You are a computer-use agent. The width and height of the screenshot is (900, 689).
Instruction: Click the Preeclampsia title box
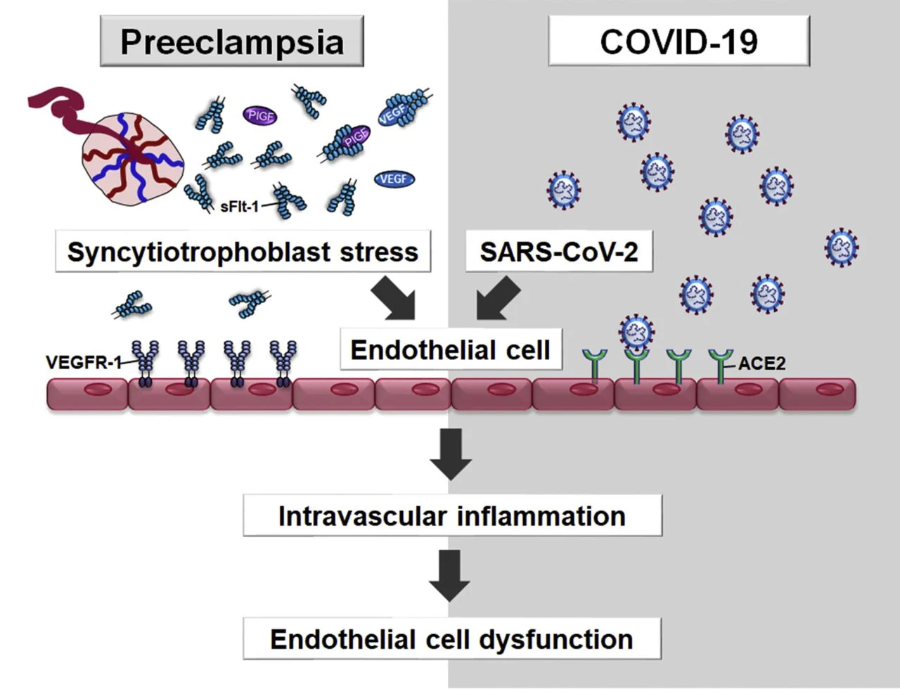[x=231, y=41]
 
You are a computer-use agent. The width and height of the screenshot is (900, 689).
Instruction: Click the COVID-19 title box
[x=679, y=41]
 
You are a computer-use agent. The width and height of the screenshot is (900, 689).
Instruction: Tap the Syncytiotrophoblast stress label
[x=243, y=251]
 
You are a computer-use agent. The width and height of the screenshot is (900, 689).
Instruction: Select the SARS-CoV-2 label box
[x=559, y=251]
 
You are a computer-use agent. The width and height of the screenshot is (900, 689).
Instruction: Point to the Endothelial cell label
[x=451, y=349]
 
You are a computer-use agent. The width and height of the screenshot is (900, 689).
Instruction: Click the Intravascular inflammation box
[x=452, y=515]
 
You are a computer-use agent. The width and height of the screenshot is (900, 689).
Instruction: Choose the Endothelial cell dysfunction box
[x=452, y=639]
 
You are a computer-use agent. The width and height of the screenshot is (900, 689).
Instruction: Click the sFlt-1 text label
[x=240, y=207]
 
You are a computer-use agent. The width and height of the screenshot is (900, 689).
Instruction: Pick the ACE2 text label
[x=762, y=363]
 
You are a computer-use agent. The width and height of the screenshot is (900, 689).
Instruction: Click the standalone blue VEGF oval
[x=394, y=179]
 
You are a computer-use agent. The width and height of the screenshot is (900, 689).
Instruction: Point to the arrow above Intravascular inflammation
[x=450, y=453]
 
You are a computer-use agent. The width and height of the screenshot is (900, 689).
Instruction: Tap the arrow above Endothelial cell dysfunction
[x=450, y=575]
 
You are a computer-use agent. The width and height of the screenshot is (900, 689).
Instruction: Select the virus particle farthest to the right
[x=841, y=247]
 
